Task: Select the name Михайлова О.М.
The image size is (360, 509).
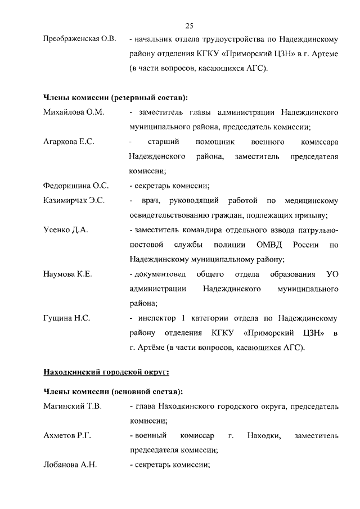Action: click(x=74, y=112)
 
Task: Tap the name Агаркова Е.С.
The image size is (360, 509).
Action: click(x=69, y=142)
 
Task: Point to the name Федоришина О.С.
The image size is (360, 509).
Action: click(x=76, y=186)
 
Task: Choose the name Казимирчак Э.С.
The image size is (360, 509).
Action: click(x=74, y=200)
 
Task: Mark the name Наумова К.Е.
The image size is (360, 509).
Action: click(x=68, y=274)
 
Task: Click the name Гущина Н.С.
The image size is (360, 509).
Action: click(x=67, y=318)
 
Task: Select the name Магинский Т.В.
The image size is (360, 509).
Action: click(x=73, y=406)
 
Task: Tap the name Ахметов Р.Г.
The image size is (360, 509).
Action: click(x=67, y=435)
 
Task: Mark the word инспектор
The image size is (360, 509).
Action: click(x=155, y=318)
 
